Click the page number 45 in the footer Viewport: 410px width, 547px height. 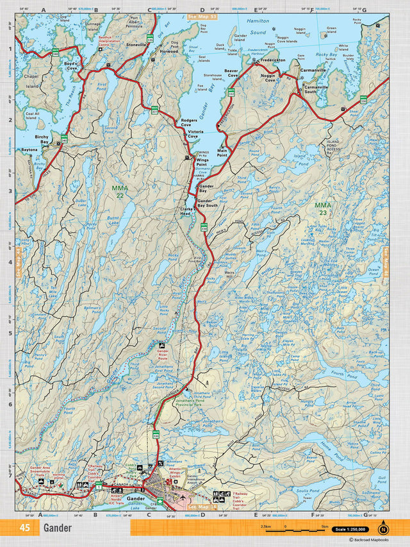pos(25,528)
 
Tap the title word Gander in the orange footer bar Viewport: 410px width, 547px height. pos(58,528)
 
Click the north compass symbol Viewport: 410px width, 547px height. pos(383,528)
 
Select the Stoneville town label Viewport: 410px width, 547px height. pos(136,46)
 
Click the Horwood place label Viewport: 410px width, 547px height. pos(169,51)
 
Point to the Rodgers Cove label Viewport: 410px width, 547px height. pos(190,122)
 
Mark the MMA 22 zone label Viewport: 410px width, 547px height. pos(119,191)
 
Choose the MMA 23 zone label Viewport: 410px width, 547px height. pos(323,208)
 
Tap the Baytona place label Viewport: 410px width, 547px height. pos(30,149)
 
